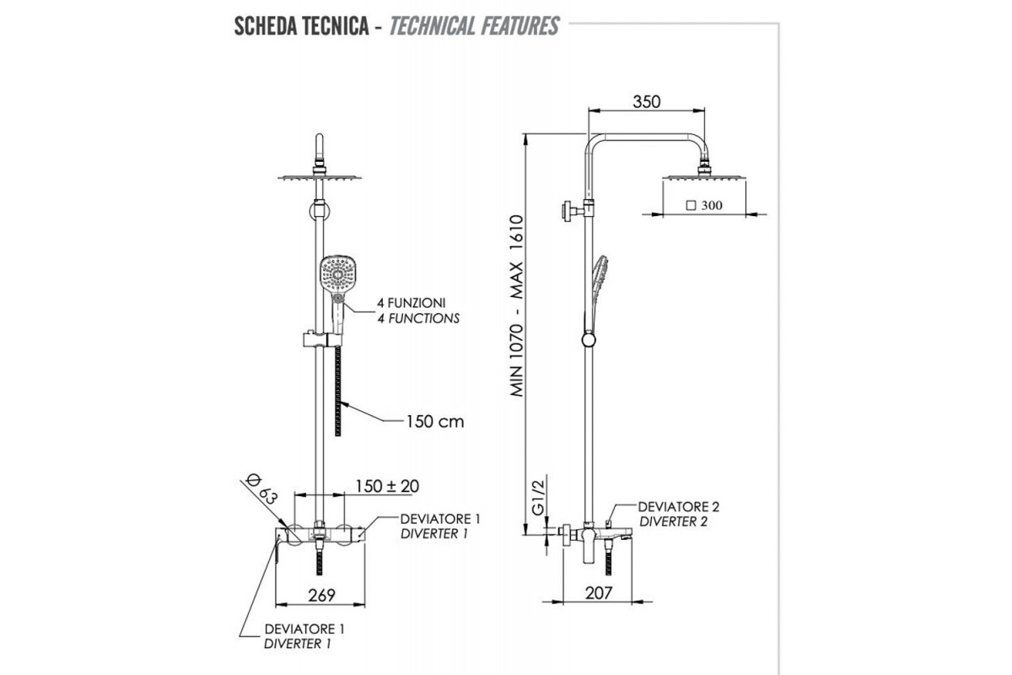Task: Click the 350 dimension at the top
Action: click(x=647, y=102)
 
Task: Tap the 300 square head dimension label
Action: click(x=705, y=205)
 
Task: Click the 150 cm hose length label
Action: click(x=434, y=421)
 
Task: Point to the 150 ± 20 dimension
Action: click(x=387, y=486)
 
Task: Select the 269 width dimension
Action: click(x=321, y=594)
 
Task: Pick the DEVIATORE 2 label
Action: click(x=679, y=507)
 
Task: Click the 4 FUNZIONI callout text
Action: click(x=406, y=302)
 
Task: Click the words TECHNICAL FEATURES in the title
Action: click(x=474, y=26)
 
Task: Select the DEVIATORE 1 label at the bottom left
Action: click(x=304, y=629)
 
